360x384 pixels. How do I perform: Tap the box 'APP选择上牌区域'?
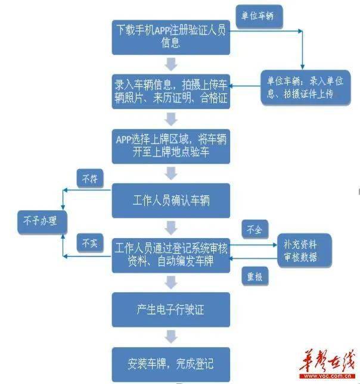(x=170, y=145)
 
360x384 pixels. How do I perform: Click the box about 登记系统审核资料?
(x=170, y=254)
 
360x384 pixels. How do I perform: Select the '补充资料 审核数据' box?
(x=300, y=251)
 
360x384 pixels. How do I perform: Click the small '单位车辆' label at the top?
(x=258, y=16)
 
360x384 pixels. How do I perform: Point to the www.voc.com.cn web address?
(x=326, y=376)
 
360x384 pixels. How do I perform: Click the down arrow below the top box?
(x=170, y=63)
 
